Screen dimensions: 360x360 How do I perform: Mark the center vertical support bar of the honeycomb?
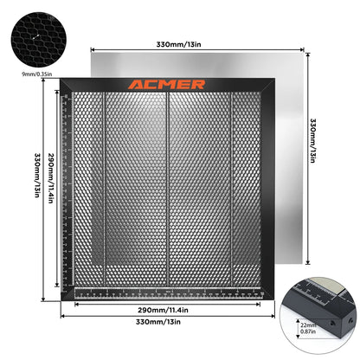(x=168, y=190)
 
